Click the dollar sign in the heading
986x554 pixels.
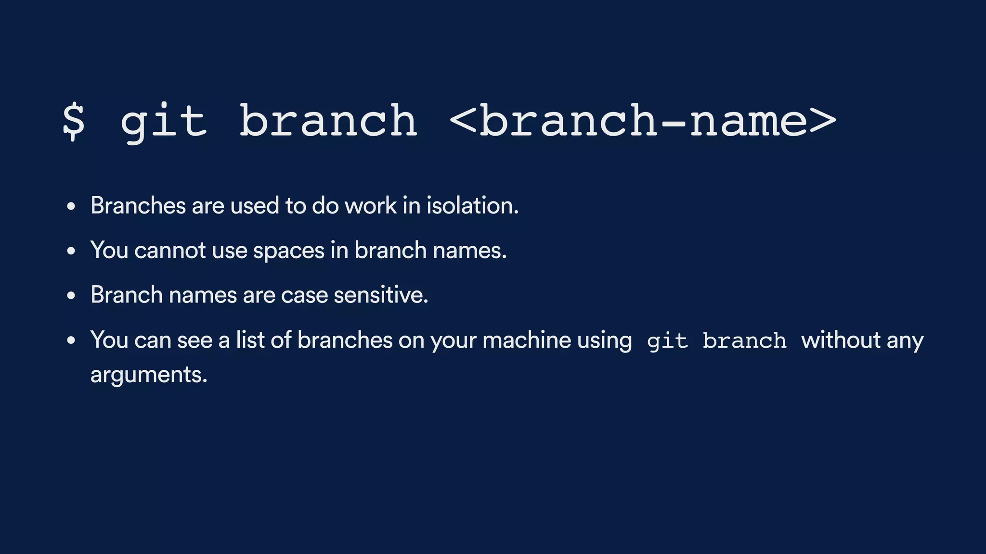point(74,121)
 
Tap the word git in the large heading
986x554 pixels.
point(164,122)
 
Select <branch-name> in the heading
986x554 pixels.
point(643,121)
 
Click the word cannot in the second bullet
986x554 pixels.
point(170,251)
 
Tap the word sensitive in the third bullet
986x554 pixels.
point(381,295)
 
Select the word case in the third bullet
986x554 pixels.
point(304,295)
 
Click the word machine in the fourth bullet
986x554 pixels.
point(527,340)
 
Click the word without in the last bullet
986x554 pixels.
point(841,340)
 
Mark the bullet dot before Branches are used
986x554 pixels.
point(71,207)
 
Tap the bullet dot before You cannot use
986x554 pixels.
point(71,251)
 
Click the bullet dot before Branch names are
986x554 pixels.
point(71,296)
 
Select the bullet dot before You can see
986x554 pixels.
point(71,340)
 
